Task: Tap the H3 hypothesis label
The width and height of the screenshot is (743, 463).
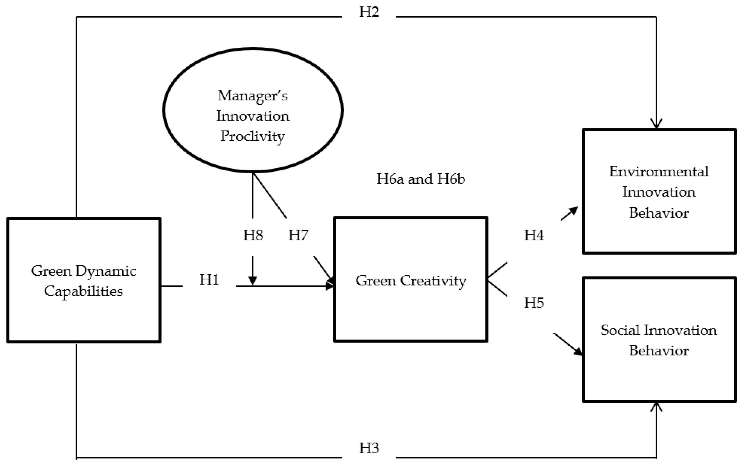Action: [x=369, y=448]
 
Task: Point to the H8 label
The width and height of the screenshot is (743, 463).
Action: [x=253, y=235]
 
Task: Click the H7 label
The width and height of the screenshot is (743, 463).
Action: [x=298, y=235]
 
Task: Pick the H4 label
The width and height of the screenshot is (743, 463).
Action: [x=534, y=235]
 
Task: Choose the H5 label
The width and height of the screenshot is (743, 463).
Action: [x=534, y=303]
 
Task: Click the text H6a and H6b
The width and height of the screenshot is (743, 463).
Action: [x=420, y=179]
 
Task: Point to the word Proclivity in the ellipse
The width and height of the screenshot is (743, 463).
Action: [x=253, y=136]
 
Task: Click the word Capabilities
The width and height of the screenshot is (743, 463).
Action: [x=83, y=291]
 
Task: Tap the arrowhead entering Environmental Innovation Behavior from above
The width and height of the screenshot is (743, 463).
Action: [x=656, y=124]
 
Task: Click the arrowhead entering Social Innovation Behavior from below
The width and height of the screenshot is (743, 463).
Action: [x=656, y=407]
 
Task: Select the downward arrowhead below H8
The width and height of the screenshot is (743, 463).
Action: [x=253, y=280]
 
